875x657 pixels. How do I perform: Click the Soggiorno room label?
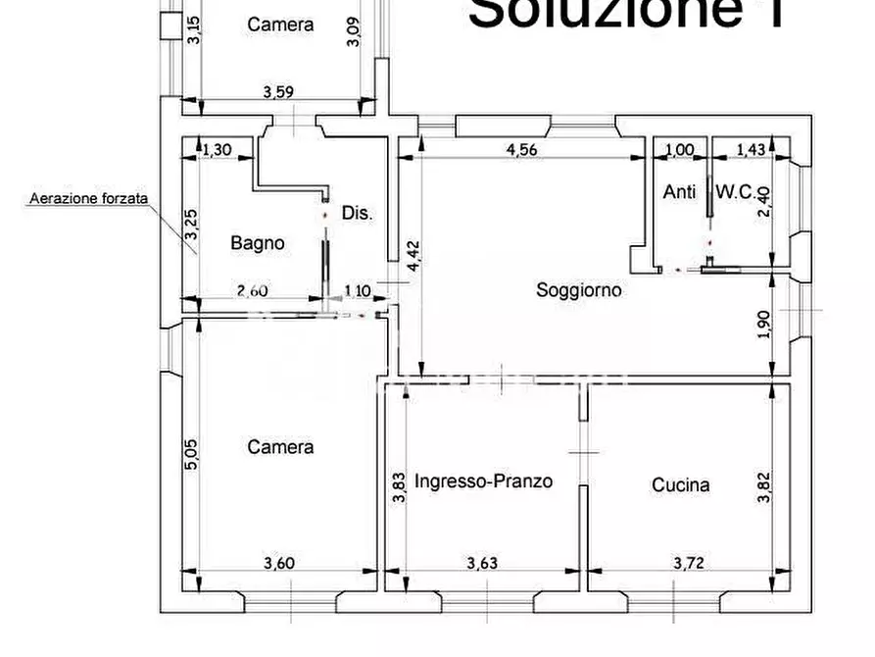coord(579,290)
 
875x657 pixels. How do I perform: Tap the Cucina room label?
coord(681,484)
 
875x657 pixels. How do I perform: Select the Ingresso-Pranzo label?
coord(483,481)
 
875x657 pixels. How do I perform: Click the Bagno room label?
coord(258,243)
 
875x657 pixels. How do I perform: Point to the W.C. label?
coord(735,192)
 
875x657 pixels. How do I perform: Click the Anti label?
coord(679,192)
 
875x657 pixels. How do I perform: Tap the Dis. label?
coord(359,212)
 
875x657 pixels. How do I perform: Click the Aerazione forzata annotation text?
coord(88,198)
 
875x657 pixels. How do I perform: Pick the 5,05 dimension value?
coord(191,456)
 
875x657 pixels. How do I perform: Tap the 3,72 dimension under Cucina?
coord(689,563)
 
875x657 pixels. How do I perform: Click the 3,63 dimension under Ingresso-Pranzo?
coord(484,563)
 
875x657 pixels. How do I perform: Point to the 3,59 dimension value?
coord(279,93)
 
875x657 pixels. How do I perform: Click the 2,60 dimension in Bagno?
coord(254,290)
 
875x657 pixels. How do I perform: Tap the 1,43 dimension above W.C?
coord(752,150)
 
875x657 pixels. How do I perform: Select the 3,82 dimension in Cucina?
coord(766,484)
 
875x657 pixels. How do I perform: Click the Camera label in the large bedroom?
coord(280,447)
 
